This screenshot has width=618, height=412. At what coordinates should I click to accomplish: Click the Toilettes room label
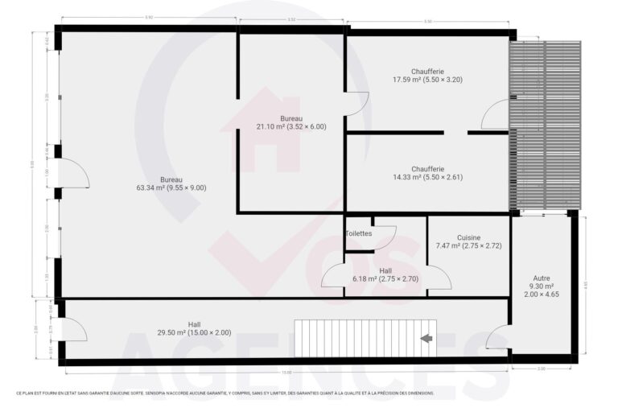coord(359,233)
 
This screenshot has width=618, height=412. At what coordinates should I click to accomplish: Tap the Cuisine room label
coord(468,237)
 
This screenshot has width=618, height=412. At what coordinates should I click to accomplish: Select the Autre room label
coord(541,278)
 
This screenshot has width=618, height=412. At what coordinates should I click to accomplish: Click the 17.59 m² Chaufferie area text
coord(427,80)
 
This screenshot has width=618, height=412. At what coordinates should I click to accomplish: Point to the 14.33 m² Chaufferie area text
coord(427,177)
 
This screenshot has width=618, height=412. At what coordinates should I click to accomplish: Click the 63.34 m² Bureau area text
coord(171,187)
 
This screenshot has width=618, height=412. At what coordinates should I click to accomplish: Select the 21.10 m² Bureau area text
coord(291,126)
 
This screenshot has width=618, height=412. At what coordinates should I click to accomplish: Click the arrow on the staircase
coord(426,338)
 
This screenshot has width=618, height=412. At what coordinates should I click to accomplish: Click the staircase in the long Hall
coord(358,338)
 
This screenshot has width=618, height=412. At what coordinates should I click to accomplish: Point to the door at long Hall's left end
coord(76,330)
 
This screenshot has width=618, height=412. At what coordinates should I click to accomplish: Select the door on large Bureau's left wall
coord(74,174)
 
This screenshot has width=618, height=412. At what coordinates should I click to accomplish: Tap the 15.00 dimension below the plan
coord(286,373)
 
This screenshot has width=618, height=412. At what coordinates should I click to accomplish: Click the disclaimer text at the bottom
coord(225,393)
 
